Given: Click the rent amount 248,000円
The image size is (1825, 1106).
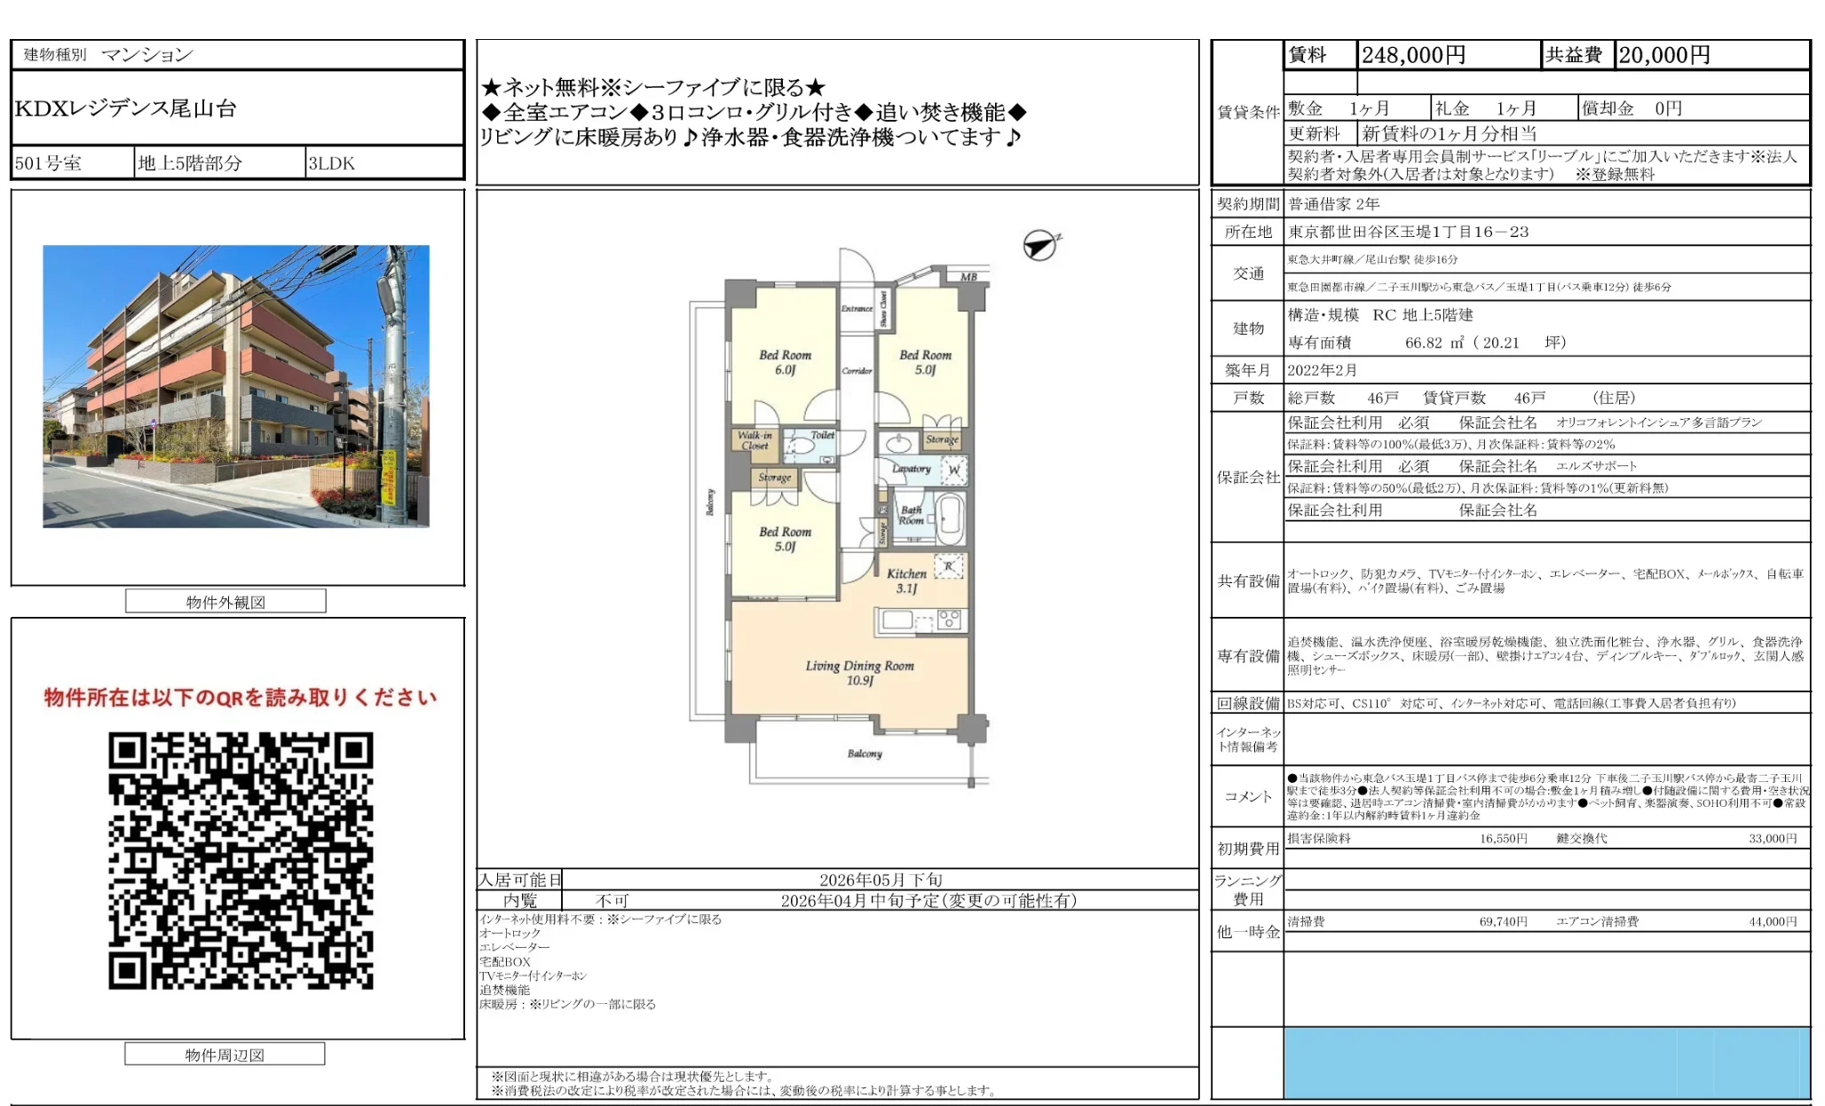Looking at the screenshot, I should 1413,55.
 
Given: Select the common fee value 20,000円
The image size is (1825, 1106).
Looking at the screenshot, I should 1663,55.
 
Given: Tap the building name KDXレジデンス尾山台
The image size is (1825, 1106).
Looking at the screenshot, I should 126,108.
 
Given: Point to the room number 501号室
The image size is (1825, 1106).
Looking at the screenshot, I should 49,163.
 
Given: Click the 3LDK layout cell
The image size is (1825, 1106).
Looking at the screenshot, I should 332,163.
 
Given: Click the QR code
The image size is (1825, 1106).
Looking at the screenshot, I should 241,860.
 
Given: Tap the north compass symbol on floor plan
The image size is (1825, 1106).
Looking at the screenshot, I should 1039,245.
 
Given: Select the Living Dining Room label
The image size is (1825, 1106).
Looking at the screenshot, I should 859,672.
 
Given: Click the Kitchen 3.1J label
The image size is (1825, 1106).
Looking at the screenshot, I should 906,581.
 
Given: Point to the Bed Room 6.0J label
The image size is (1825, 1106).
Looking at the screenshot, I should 785,362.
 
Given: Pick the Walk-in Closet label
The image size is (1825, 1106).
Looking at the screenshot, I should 754,440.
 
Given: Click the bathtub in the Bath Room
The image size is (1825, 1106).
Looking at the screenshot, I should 950,518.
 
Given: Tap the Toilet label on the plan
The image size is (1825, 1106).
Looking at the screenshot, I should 822,435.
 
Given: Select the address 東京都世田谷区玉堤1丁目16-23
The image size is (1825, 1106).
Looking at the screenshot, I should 1408,232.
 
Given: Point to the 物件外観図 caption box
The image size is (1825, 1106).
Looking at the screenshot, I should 225,602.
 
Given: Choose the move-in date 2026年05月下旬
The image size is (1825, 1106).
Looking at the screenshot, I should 881,880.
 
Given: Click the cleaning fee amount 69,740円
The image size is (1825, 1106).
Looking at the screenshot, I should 1503,921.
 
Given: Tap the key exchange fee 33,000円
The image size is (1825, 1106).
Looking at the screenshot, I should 1772,838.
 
